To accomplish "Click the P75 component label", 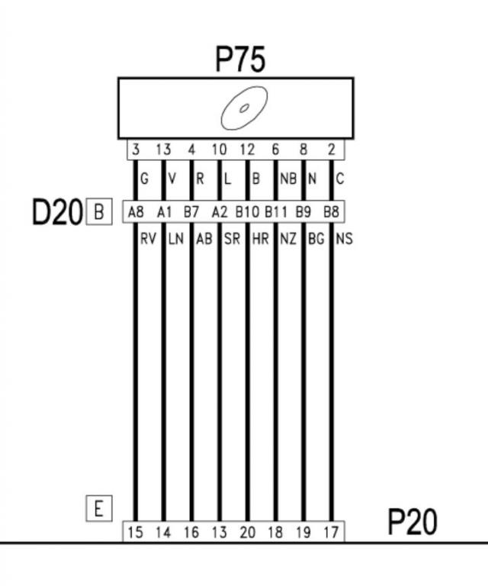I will click(x=241, y=60).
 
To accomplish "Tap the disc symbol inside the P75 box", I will click(x=244, y=108).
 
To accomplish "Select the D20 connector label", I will click(x=56, y=212).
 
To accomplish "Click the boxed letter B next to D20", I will click(x=98, y=211).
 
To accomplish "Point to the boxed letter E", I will click(x=98, y=508).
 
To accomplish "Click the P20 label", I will click(x=413, y=523).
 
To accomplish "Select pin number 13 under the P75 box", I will click(x=163, y=150).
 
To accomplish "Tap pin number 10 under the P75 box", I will click(x=219, y=150).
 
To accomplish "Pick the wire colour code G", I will click(x=144, y=180).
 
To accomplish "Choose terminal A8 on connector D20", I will click(x=136, y=211).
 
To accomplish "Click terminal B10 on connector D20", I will click(x=247, y=211).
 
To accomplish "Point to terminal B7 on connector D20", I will click(x=191, y=211).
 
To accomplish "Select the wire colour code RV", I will click(x=148, y=239).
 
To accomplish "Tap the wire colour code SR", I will click(x=232, y=239).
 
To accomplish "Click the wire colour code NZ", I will click(x=288, y=239).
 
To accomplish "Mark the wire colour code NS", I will click(x=344, y=239).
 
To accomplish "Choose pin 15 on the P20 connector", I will click(x=135, y=532).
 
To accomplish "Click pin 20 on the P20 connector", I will click(x=247, y=532).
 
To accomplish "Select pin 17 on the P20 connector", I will click(x=331, y=532).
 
